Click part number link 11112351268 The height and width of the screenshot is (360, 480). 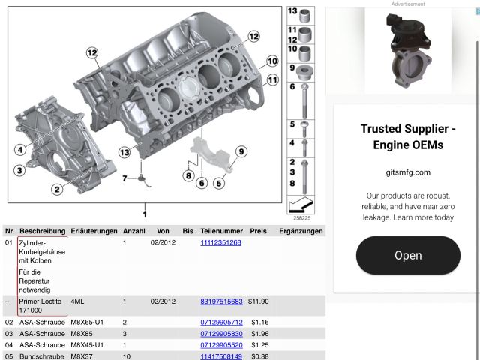[220, 242]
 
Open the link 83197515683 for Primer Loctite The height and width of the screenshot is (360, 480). [221, 301]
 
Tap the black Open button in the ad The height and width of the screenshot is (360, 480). [408, 255]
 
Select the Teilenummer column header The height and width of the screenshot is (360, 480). [222, 231]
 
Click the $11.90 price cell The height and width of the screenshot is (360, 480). [258, 301]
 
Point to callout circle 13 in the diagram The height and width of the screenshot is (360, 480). [124, 152]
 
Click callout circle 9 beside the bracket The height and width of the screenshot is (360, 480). [241, 151]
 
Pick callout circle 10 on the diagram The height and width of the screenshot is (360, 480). [272, 61]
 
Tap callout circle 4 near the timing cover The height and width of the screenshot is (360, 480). [20, 150]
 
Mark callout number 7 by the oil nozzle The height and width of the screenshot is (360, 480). [124, 178]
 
